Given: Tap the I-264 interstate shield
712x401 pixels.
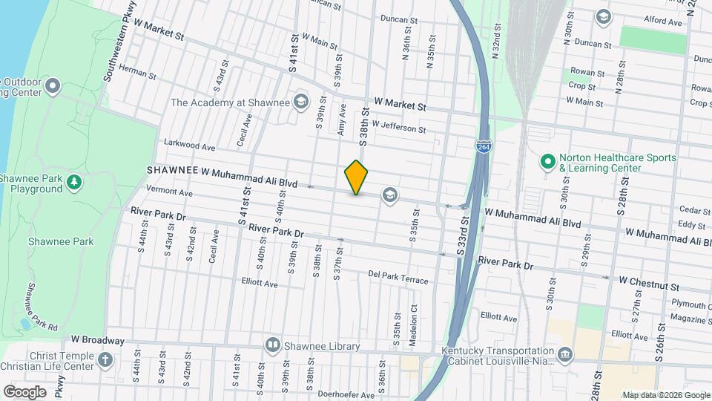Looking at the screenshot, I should point(483,148).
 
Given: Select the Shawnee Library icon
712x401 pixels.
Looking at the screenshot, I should point(273,345).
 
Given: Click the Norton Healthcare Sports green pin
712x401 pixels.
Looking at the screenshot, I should point(547,160).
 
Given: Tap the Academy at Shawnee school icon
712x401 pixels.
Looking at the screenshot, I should point(300,101).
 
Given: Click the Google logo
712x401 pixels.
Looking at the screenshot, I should point(25,391).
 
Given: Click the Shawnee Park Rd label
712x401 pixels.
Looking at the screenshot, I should point(42,306).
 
